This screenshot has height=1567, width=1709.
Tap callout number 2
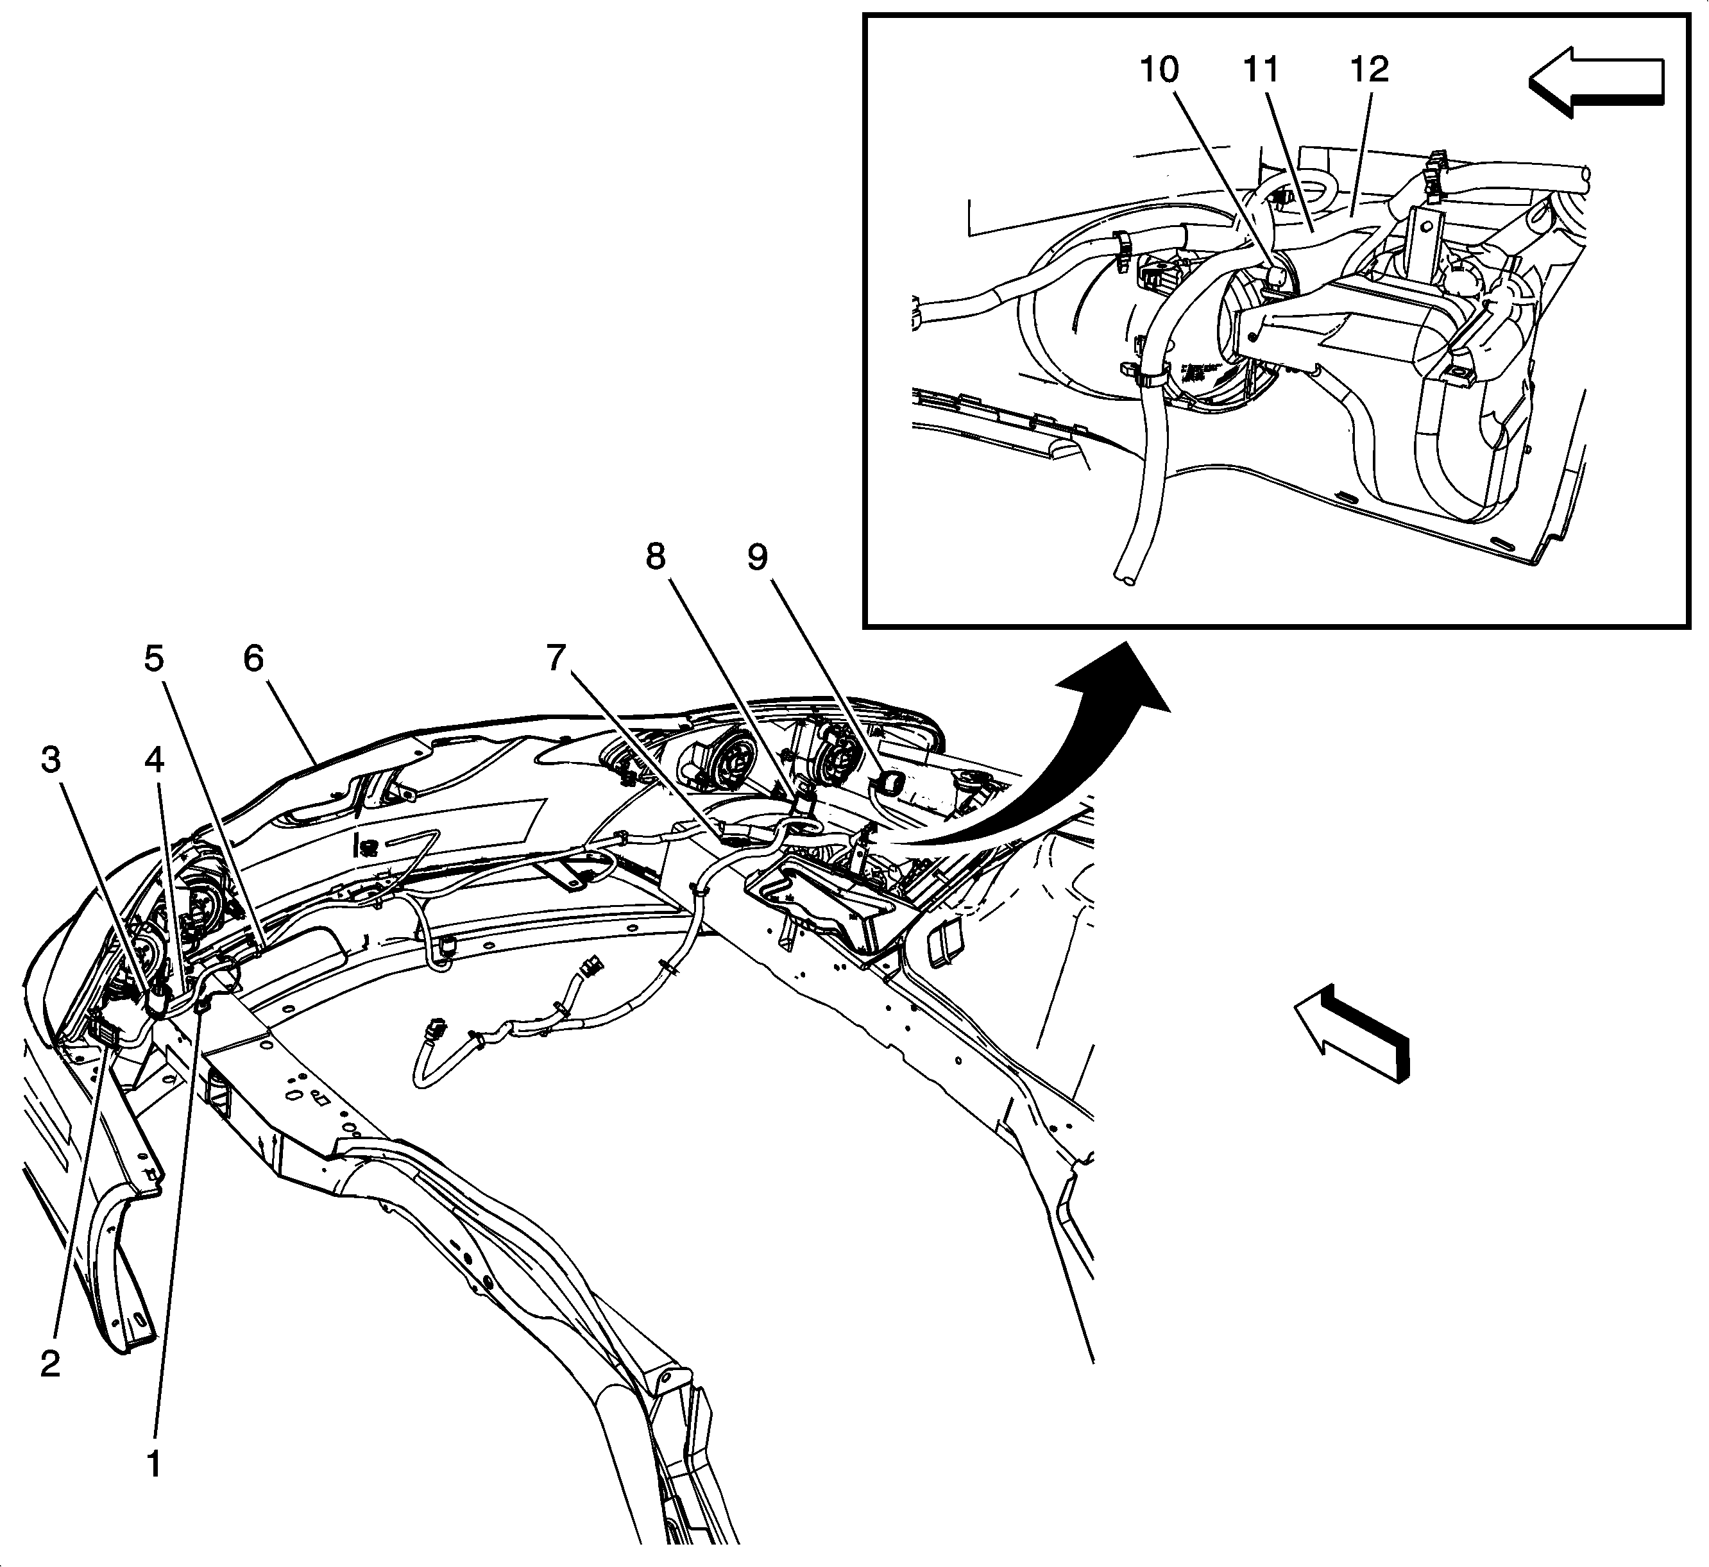point(50,1364)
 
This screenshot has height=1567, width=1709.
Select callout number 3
point(51,761)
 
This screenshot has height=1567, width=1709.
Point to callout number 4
point(155,761)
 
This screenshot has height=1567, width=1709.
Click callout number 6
point(253,659)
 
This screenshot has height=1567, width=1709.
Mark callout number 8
point(656,557)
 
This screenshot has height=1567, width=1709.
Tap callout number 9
point(758,557)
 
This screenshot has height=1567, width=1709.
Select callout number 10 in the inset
point(1159,69)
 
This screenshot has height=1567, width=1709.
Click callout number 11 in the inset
point(1261,69)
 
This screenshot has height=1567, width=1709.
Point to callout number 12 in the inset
point(1368,69)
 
